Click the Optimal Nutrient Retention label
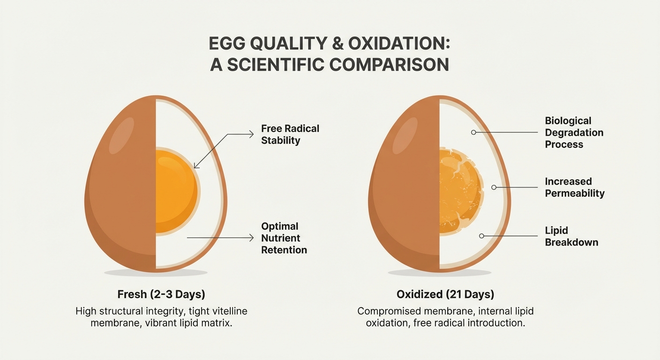coord(284,238)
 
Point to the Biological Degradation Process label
coord(574,133)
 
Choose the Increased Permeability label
coord(574,187)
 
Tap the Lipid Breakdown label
coord(571,236)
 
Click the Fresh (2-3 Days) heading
coord(161,295)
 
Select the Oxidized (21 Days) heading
coord(445,295)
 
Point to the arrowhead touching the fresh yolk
coord(196,166)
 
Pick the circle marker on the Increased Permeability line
coord(494,187)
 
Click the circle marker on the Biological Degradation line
coord(473,133)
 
